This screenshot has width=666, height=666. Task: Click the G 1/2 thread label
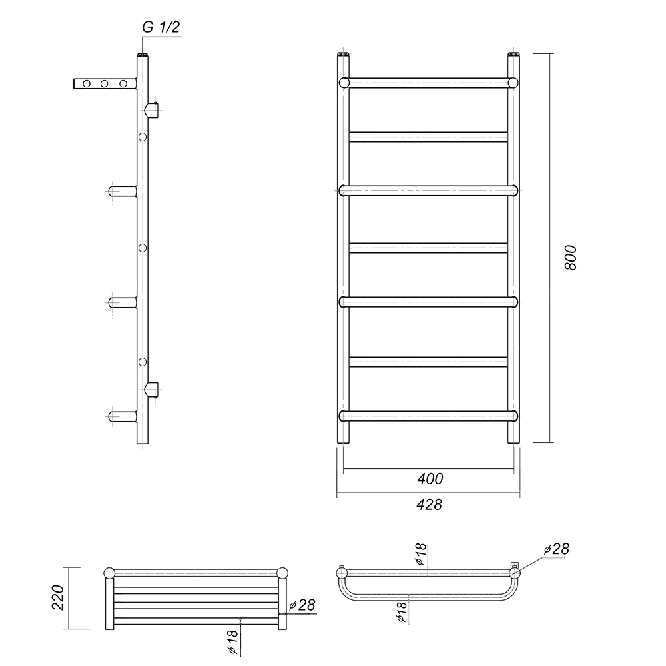[x=161, y=27]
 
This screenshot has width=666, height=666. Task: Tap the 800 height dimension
[x=571, y=257]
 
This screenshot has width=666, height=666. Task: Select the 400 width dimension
[x=430, y=479]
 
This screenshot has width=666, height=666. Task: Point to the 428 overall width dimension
[x=429, y=505]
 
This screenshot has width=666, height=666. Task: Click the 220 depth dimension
[x=58, y=597]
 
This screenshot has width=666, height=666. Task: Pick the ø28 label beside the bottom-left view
[x=302, y=605]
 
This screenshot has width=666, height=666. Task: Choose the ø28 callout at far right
[x=556, y=549]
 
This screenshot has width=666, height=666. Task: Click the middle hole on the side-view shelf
[x=105, y=83]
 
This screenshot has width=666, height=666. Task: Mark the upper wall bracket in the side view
[x=153, y=110]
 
